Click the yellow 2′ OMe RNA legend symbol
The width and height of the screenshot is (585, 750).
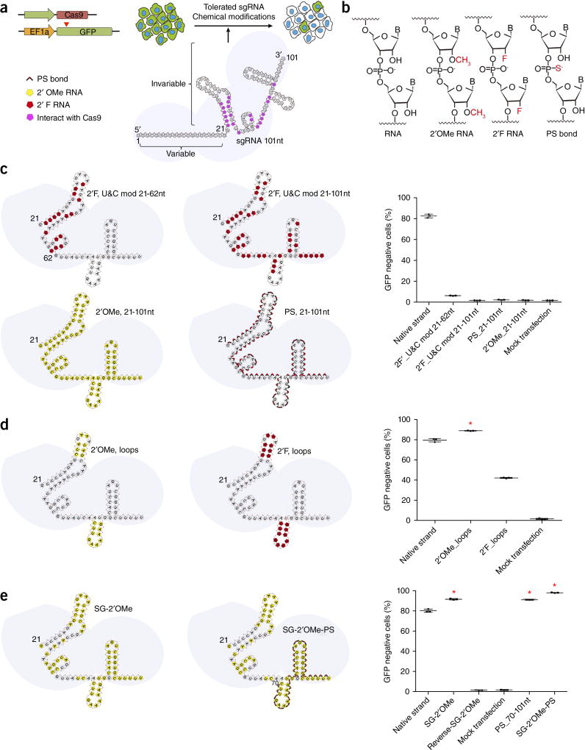29,87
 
